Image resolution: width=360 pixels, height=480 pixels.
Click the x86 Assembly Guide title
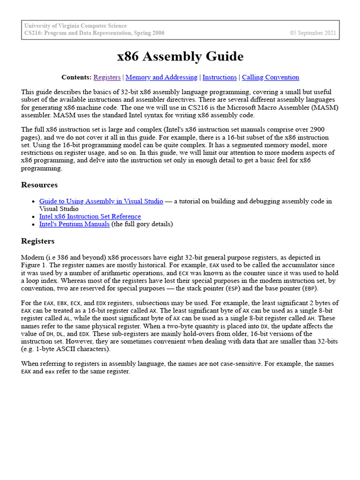180,57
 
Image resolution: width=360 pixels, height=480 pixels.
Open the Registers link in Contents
107,77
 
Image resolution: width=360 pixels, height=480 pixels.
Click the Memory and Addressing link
161,77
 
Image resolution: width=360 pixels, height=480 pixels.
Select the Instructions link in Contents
219,77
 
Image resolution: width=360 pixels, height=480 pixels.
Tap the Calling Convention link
270,77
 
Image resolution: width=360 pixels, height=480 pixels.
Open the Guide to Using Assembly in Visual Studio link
101,201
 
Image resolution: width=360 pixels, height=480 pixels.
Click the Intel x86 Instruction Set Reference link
90,217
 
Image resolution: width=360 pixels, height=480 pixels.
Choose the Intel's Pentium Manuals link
75,224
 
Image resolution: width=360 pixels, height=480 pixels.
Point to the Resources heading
39,185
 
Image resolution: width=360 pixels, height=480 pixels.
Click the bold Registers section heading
38,241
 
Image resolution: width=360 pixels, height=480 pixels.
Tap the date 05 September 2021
313,33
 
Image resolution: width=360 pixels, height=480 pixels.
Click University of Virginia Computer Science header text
75,26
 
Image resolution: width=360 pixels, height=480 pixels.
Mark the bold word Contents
76,77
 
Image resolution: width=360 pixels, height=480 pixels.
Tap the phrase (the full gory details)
142,224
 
